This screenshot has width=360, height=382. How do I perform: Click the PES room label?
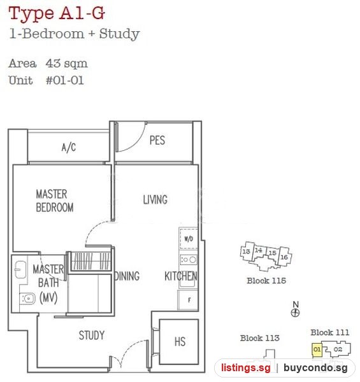(157, 140)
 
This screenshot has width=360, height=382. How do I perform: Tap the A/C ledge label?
(69, 148)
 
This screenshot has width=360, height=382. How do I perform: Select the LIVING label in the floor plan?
(155, 199)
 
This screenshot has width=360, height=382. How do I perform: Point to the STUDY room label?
(92, 336)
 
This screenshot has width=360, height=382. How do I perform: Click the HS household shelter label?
(180, 341)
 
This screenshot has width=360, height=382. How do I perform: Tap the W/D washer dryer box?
(189, 239)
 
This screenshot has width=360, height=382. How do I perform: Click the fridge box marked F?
(188, 300)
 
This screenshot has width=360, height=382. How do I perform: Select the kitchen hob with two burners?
(189, 260)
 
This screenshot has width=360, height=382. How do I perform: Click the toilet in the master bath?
(27, 299)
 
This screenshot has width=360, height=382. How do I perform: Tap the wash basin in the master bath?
(20, 269)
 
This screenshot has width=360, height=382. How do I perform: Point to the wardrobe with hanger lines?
(91, 261)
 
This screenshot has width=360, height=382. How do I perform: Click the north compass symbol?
(296, 313)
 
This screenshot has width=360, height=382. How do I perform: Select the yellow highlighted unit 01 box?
(317, 350)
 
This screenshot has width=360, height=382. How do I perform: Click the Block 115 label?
(266, 281)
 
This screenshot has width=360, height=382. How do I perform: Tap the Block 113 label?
(260, 338)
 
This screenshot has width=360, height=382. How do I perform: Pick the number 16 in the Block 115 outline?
(284, 257)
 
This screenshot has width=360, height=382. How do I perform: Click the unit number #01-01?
(65, 80)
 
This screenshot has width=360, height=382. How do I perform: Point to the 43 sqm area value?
(66, 63)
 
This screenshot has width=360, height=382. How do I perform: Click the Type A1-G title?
(57, 13)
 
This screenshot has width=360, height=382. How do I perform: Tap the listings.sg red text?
(246, 367)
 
